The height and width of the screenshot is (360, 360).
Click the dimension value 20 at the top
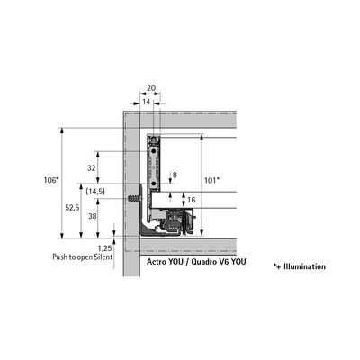151,88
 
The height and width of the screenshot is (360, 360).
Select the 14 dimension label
146,102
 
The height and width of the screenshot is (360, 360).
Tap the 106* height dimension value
50,180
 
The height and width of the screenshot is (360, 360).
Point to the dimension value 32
92,168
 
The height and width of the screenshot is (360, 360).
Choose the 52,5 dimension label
73,207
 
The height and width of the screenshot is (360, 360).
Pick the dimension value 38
93,215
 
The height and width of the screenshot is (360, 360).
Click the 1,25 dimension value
104,248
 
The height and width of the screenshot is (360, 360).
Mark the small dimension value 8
175,175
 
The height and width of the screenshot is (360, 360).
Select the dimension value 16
191,200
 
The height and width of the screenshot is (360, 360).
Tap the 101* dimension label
211,180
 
